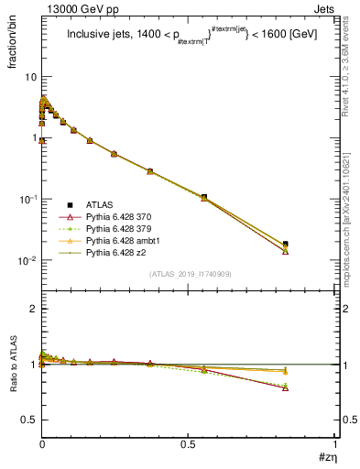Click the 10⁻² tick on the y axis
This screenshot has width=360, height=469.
click(x=27, y=261)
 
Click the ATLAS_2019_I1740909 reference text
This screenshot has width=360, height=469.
click(x=188, y=275)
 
